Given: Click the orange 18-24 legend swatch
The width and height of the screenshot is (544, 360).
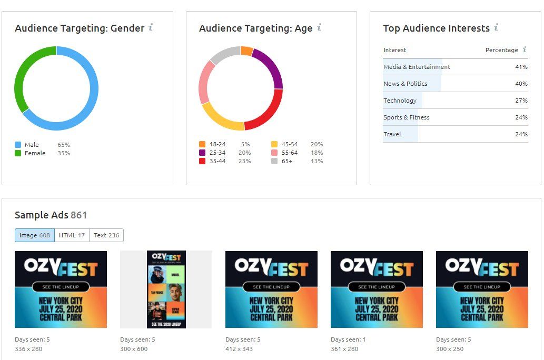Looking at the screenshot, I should pyautogui.click(x=202, y=144).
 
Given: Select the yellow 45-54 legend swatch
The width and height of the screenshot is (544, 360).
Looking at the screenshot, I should pyautogui.click(x=274, y=144).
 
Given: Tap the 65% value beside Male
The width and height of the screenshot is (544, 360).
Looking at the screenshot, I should pyautogui.click(x=64, y=145).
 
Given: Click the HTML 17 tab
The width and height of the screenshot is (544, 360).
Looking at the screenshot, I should pyautogui.click(x=72, y=235).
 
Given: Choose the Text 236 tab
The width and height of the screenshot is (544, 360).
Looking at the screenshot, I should pyautogui.click(x=106, y=235).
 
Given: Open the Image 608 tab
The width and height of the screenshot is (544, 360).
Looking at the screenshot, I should pyautogui.click(x=35, y=235).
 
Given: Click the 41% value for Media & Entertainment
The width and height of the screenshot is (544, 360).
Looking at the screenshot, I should pyautogui.click(x=521, y=67).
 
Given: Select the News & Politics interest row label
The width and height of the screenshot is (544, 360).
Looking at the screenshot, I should pyautogui.click(x=405, y=84).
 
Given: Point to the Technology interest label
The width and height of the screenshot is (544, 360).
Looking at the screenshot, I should pyautogui.click(x=400, y=101).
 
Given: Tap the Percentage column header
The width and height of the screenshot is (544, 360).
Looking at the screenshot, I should pyautogui.click(x=501, y=50).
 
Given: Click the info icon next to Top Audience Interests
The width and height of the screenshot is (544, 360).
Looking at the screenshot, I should pyautogui.click(x=496, y=27).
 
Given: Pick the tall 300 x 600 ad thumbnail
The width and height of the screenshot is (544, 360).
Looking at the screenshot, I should pyautogui.click(x=166, y=289).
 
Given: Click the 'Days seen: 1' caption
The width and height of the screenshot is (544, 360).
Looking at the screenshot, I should pyautogui.click(x=348, y=339).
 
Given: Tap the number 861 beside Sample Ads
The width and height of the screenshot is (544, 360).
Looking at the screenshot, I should pyautogui.click(x=78, y=215).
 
